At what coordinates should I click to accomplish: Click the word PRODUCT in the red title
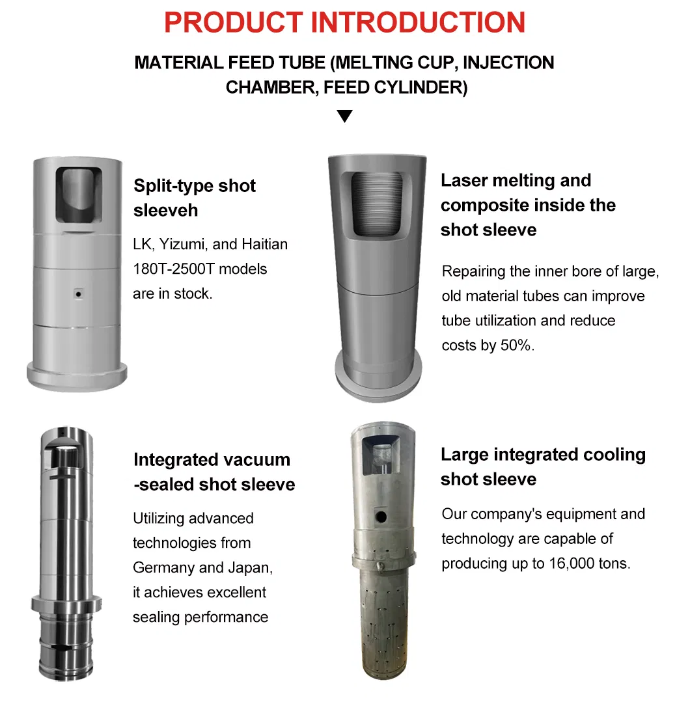pyautogui.click(x=234, y=23)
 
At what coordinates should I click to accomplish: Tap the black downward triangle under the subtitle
pyautogui.click(x=344, y=116)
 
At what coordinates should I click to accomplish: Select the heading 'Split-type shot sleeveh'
pyautogui.click(x=195, y=198)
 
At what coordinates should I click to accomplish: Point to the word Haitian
pyautogui.click(x=264, y=244)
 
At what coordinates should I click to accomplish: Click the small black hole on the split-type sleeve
pyautogui.click(x=79, y=295)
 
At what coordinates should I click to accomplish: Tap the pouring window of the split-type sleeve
pyautogui.click(x=79, y=195)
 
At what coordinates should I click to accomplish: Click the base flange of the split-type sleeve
pyautogui.click(x=77, y=376)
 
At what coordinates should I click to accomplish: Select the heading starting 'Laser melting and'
pyautogui.click(x=528, y=205)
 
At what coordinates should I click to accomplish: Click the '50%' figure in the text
pyautogui.click(x=517, y=345)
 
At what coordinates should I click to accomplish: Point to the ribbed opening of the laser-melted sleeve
pyautogui.click(x=376, y=204)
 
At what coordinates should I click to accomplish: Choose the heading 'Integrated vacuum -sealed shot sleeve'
pyautogui.click(x=214, y=472)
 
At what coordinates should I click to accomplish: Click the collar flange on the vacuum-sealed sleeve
pyautogui.click(x=66, y=604)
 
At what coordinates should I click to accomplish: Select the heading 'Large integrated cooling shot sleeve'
pyautogui.click(x=543, y=467)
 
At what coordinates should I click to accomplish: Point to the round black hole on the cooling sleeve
pyautogui.click(x=381, y=517)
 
